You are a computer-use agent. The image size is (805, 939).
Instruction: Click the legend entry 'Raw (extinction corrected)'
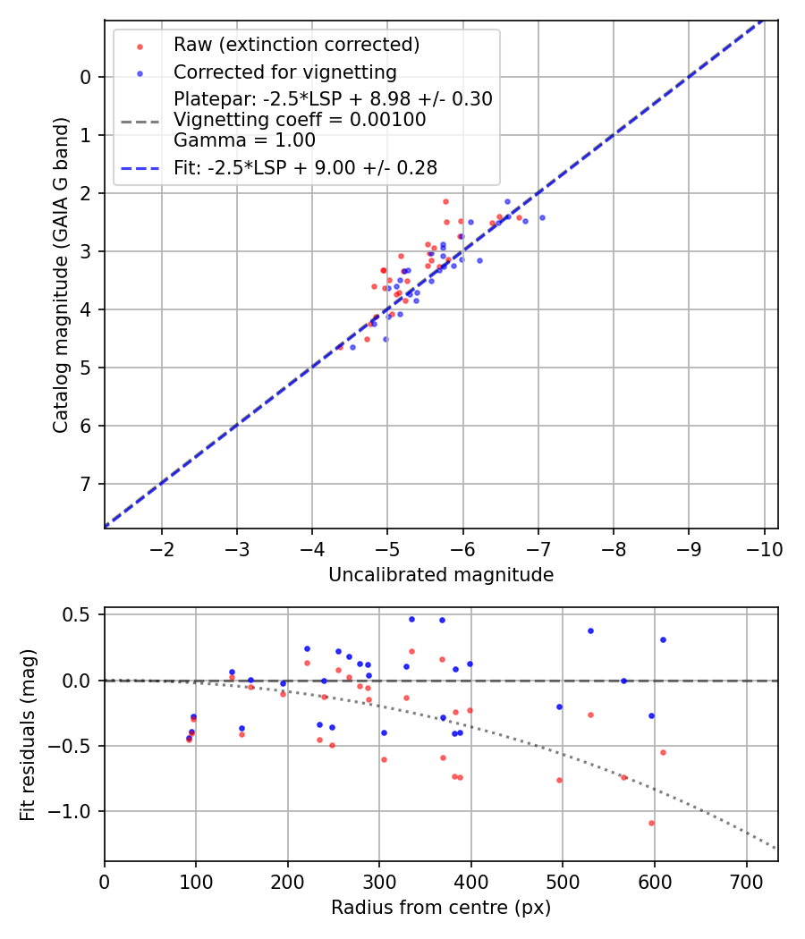point(296,45)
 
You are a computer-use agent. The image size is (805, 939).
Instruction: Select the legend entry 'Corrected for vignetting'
point(284,72)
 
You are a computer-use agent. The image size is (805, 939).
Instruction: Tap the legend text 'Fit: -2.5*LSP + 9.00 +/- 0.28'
point(305,167)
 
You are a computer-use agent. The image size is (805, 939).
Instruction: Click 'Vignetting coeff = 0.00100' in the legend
point(300,120)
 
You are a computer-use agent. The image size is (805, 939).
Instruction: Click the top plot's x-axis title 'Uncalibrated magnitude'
point(441,575)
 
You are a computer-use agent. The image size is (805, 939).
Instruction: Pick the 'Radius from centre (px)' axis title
point(441,908)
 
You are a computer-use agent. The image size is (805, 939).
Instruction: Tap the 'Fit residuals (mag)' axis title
point(28,734)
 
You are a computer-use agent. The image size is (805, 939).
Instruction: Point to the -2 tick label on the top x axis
point(162,547)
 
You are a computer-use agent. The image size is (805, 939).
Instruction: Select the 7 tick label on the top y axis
point(86,485)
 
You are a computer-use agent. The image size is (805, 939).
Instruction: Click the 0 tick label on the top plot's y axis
point(86,78)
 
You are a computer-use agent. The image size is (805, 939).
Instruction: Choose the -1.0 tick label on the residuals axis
point(75,812)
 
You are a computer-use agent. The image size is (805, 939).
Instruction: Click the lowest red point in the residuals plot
point(651,823)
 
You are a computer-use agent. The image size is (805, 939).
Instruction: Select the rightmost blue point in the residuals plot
point(663,639)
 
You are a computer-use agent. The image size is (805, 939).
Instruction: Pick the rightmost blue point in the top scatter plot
point(542,217)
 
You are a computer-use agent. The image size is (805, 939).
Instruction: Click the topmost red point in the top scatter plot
point(445,201)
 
